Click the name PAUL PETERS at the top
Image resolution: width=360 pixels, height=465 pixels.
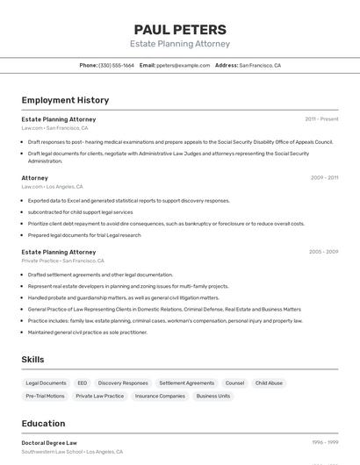[x=180, y=29]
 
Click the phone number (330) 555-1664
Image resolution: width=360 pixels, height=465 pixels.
[x=116, y=65]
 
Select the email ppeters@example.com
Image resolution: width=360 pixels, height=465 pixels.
[x=183, y=65]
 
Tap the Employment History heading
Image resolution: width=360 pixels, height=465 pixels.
[x=65, y=100]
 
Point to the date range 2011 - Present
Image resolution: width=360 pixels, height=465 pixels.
[x=321, y=118]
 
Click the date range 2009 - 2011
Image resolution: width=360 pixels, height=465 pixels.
[x=324, y=177]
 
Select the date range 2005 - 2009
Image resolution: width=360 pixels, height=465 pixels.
[x=323, y=252]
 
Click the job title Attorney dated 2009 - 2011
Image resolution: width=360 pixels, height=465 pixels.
[x=35, y=178]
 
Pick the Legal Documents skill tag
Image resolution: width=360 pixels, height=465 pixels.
[x=46, y=383]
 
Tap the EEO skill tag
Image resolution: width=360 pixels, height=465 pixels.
[x=82, y=383]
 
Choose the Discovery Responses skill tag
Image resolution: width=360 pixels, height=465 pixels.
[x=123, y=383]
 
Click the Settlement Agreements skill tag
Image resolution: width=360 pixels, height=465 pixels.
[x=186, y=383]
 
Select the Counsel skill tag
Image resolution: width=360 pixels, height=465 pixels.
[x=234, y=383]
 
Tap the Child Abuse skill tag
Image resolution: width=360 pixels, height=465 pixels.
[x=269, y=383]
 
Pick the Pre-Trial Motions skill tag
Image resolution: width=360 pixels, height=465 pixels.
[x=45, y=396]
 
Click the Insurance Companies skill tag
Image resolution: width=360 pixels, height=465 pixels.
[x=160, y=396]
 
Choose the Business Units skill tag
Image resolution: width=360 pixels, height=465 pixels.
[x=212, y=396]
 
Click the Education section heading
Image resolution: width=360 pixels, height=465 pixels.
[x=43, y=423]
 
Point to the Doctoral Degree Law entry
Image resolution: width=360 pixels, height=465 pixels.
[x=49, y=443]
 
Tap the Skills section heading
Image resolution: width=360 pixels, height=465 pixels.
[x=32, y=360]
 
